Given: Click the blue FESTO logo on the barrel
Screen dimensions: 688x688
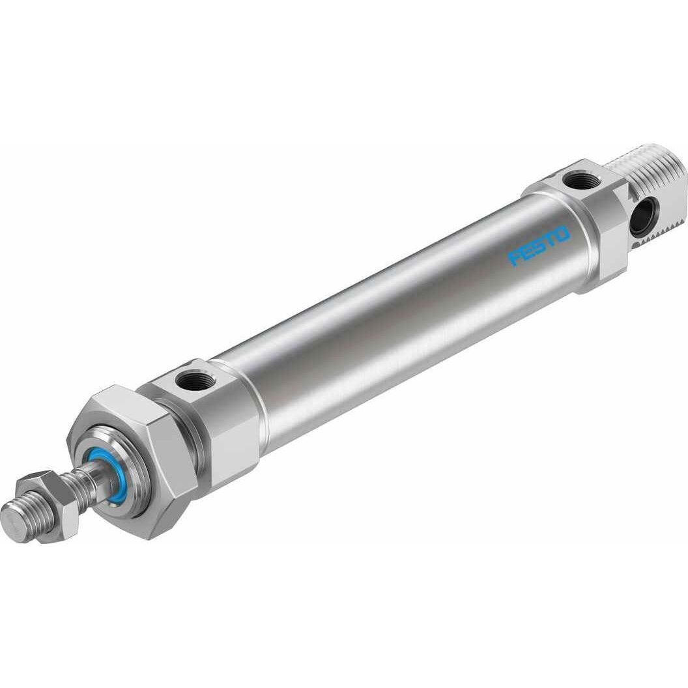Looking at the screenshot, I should [x=539, y=246].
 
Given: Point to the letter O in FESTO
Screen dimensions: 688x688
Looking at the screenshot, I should [x=562, y=233].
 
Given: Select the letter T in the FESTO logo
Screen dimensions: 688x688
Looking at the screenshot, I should [x=551, y=239].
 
